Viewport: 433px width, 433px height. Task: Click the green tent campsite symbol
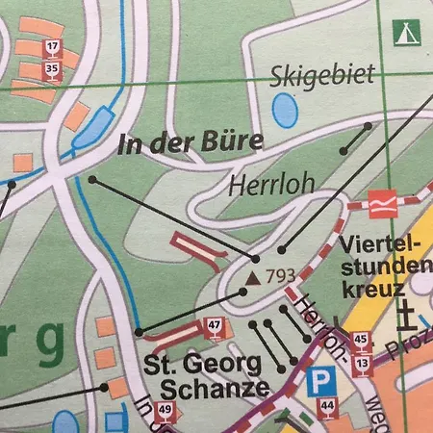(405, 32)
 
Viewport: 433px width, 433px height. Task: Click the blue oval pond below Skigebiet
(285, 113)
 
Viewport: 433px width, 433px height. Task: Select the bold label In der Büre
(191, 144)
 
